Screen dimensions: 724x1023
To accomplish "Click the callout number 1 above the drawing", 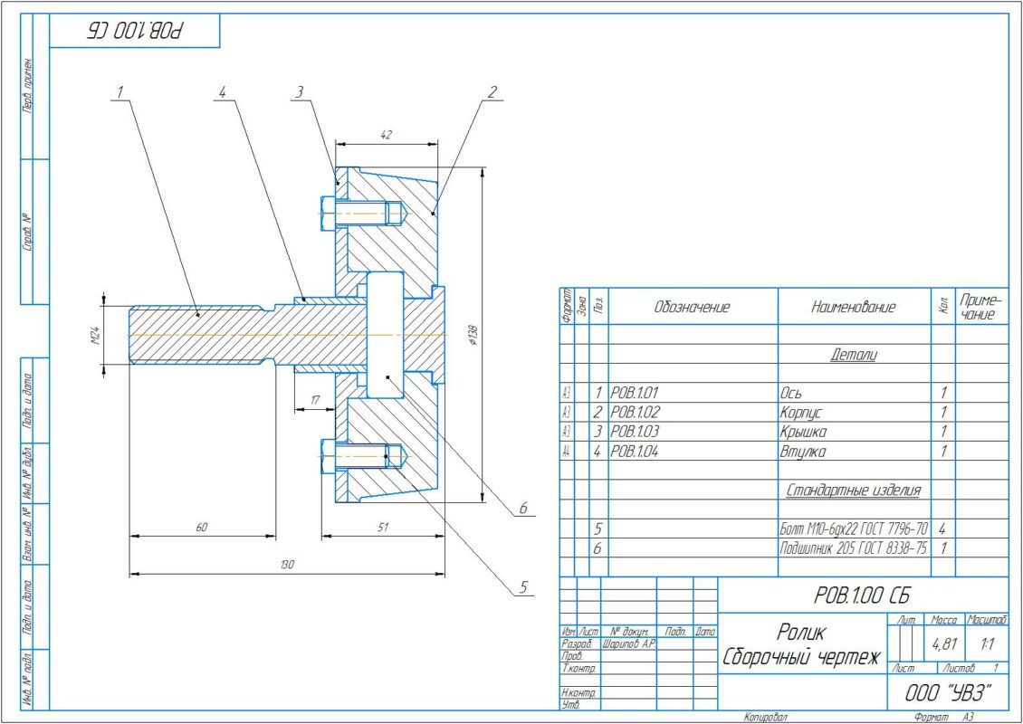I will (120, 91).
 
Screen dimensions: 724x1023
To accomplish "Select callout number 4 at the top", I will (222, 91).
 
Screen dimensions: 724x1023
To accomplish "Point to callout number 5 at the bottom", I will (522, 587).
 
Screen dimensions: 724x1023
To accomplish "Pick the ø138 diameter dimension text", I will (473, 336).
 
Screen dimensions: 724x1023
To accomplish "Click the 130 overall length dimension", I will (287, 565).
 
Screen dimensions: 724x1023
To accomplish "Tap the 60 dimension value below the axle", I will (202, 527).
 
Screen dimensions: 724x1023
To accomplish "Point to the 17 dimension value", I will (314, 399).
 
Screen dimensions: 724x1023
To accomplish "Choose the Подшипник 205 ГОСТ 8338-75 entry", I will (853, 548).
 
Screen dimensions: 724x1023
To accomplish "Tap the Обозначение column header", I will (692, 307).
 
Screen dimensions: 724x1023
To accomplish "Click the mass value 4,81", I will (944, 646).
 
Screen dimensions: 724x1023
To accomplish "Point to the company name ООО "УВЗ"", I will (948, 693).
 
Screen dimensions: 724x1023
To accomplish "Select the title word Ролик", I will (801, 632).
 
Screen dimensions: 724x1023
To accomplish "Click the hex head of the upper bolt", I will (326, 214).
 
